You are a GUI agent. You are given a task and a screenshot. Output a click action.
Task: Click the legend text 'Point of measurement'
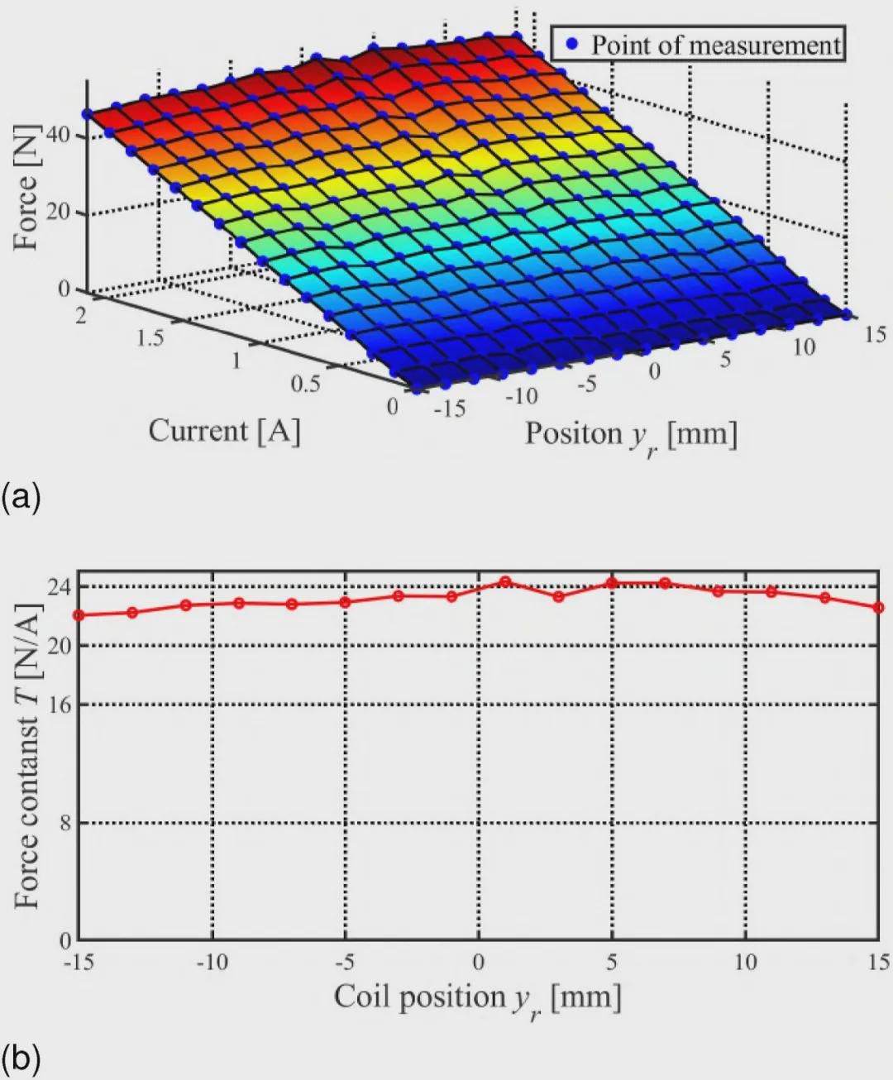715,44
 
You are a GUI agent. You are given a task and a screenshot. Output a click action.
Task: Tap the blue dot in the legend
571,44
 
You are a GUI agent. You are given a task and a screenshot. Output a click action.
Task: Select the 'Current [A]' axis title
224,431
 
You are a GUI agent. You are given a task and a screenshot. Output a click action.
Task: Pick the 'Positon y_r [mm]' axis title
630,435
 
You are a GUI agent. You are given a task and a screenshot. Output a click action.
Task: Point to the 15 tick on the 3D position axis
875,334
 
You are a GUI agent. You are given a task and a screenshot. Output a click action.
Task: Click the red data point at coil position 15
879,608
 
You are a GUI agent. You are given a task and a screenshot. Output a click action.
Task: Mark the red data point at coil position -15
79,615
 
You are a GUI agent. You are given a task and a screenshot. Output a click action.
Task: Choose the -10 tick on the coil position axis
213,963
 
